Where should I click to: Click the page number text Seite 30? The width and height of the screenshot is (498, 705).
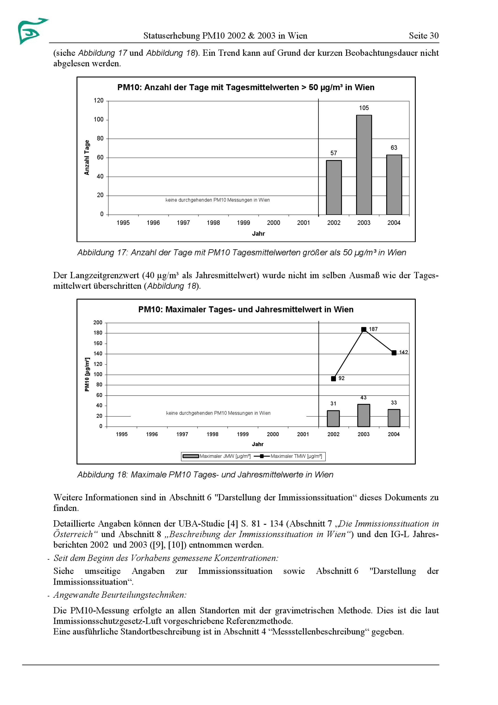point(424,36)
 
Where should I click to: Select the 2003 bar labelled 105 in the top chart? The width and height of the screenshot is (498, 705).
point(364,165)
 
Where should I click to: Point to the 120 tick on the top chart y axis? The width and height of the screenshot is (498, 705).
point(99,101)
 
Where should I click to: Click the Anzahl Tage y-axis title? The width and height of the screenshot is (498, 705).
point(87,157)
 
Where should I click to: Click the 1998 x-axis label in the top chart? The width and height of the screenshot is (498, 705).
point(213,223)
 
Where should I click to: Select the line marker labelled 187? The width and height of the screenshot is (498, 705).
point(364,330)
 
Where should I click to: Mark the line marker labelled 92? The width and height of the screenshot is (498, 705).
point(333,379)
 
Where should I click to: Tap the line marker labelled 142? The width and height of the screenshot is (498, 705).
point(394,353)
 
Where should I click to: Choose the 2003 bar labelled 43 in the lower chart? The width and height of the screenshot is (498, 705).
point(364,416)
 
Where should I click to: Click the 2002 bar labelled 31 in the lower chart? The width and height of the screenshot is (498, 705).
point(333,419)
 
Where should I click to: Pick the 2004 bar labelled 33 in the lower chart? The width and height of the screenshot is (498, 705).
point(394,418)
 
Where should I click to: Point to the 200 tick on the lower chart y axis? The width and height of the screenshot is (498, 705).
point(98,323)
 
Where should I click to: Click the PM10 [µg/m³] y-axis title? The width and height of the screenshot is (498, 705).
point(87,374)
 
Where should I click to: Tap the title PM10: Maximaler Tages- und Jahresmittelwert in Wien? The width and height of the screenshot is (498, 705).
point(246,309)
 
